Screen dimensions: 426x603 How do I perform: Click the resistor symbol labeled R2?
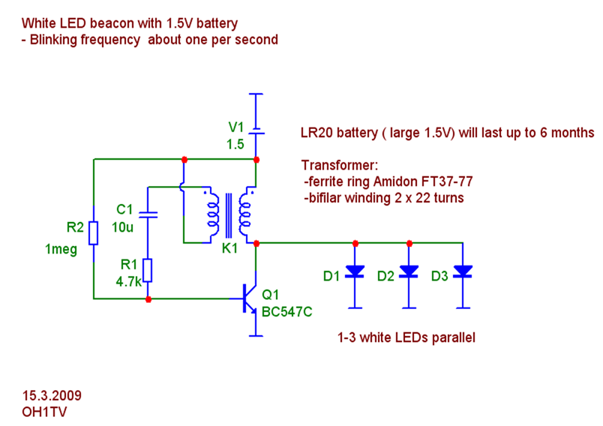point(92,233)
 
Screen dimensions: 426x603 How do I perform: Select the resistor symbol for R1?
point(148,270)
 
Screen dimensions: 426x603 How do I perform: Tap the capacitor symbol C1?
point(148,214)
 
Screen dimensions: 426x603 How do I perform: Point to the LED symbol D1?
point(355,271)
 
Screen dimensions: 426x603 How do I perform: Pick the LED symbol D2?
point(409,271)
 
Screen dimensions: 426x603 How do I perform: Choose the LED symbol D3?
point(463,271)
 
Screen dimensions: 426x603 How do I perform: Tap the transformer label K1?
point(229,250)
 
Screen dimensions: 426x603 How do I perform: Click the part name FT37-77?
point(448,182)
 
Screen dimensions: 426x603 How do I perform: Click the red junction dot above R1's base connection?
point(148,299)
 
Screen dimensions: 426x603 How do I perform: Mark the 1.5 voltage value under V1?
point(236,144)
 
